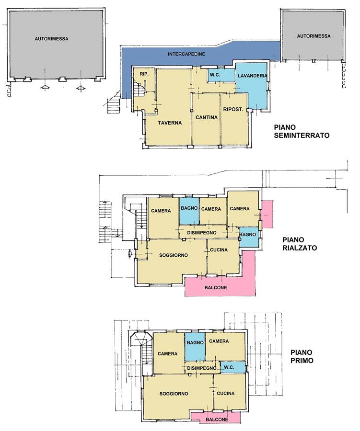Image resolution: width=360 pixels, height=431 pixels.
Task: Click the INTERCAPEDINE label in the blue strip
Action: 186,54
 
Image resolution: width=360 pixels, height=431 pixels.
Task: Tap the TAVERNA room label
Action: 170,123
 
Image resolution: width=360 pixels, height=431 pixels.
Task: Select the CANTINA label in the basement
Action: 207,117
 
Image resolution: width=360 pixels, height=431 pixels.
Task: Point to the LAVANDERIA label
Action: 253,75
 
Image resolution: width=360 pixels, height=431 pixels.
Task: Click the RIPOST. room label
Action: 233,109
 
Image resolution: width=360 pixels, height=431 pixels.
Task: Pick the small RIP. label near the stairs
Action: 144,74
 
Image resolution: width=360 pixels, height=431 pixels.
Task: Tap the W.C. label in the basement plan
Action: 215,75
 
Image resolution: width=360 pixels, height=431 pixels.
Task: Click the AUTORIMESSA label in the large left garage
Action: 51,39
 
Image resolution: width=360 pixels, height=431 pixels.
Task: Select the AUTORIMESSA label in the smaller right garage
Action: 314,36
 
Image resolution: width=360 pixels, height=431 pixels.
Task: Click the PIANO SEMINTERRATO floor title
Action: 302,131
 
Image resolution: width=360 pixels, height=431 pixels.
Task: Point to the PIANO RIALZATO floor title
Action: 300,244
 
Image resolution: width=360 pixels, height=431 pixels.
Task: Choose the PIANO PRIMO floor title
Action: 302,356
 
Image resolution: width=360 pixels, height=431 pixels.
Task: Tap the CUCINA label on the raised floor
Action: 219,250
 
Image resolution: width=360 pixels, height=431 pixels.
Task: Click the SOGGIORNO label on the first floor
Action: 174,394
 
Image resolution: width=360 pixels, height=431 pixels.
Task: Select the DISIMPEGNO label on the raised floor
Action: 202,233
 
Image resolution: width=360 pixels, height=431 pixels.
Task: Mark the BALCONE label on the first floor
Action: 217,420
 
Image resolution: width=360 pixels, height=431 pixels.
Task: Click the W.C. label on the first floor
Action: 229,367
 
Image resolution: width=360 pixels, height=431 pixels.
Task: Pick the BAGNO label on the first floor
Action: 195,343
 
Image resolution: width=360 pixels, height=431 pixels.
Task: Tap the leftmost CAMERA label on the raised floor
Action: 161,211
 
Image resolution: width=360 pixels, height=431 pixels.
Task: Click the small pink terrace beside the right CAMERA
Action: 267,214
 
